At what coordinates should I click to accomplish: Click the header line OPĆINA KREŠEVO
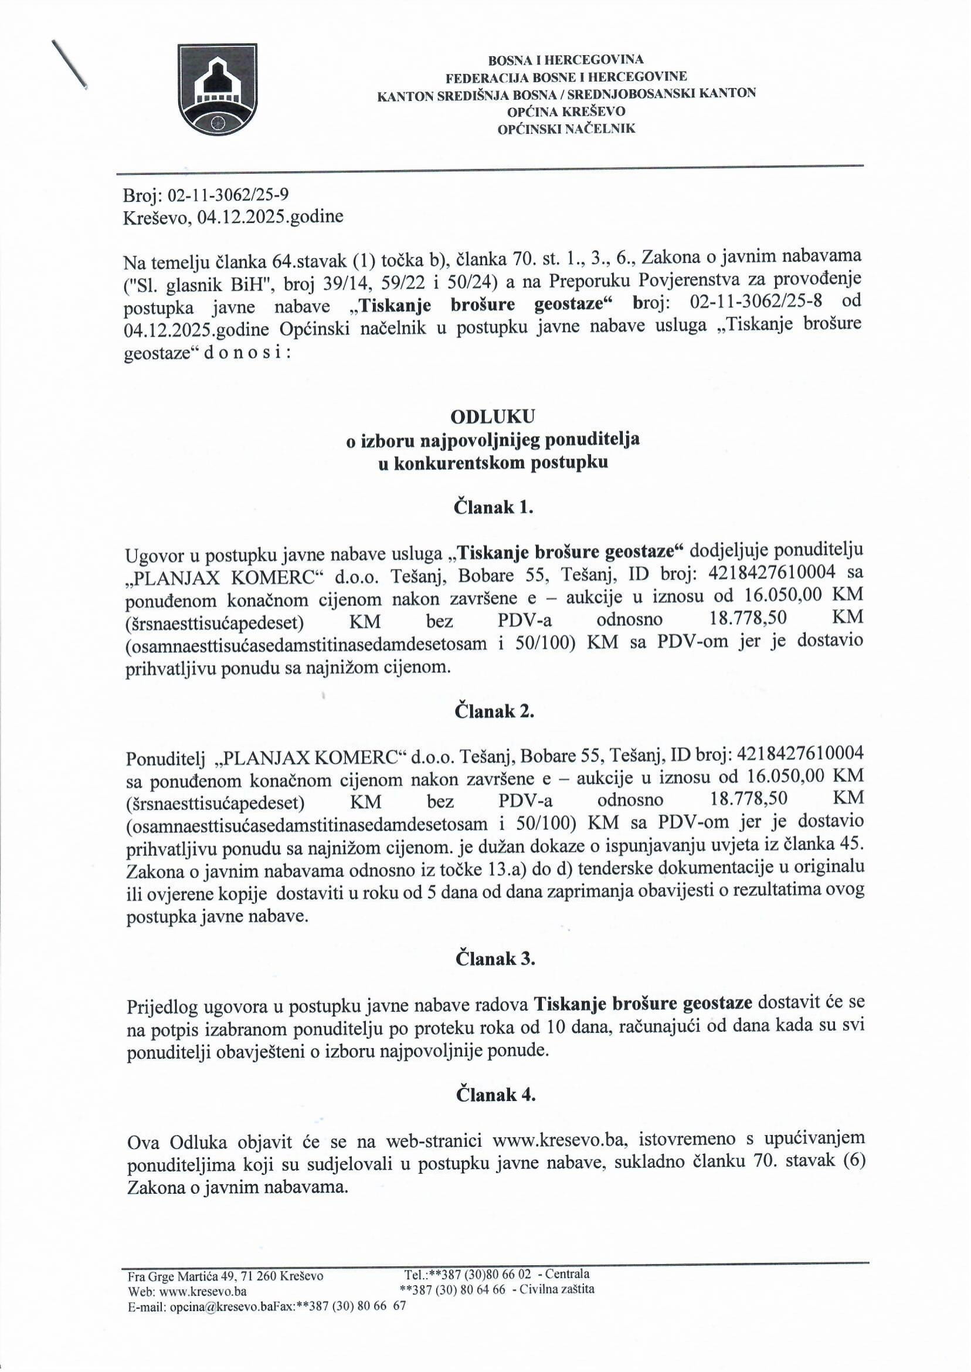click(566, 111)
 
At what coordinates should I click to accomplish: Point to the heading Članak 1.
click(493, 507)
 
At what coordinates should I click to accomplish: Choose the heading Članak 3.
click(494, 958)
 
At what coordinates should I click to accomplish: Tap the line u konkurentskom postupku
click(493, 462)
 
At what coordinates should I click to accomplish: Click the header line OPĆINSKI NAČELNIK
click(567, 128)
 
